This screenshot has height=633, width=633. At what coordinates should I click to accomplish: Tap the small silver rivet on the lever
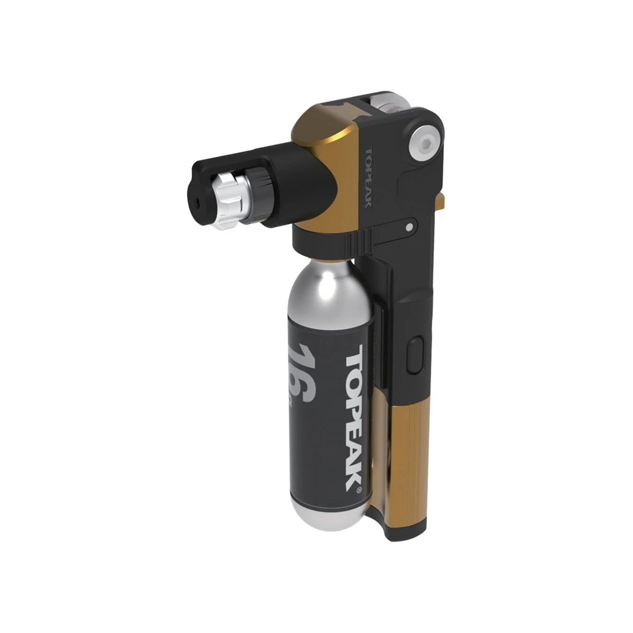pos(409,227)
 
